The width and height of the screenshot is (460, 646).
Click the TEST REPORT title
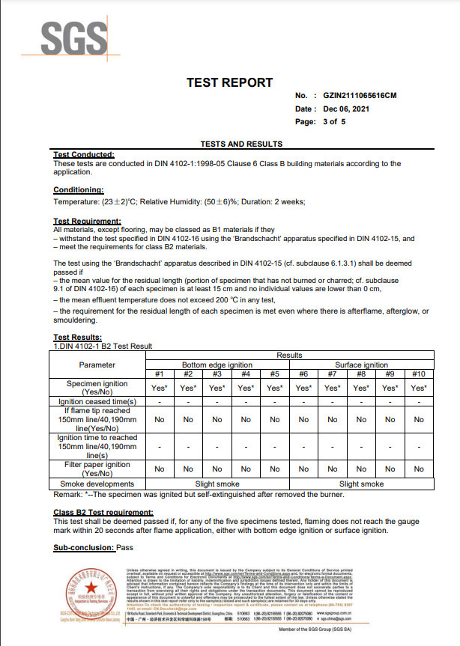click(229, 82)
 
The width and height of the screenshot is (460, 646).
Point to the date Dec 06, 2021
click(346, 109)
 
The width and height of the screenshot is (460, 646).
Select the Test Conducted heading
click(84, 154)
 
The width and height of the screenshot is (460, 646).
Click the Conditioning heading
click(79, 191)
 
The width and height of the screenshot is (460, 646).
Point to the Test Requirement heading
click(88, 221)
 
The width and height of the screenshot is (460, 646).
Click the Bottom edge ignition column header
click(217, 365)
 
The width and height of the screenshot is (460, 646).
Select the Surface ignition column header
click(361, 365)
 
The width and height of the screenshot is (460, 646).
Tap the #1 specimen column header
click(159, 374)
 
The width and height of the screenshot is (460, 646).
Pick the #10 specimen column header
click(418, 374)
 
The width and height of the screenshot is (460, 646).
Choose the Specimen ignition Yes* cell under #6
click(303, 388)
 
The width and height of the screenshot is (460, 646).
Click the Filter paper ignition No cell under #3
click(217, 469)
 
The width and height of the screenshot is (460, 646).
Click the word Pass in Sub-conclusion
click(125, 548)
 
